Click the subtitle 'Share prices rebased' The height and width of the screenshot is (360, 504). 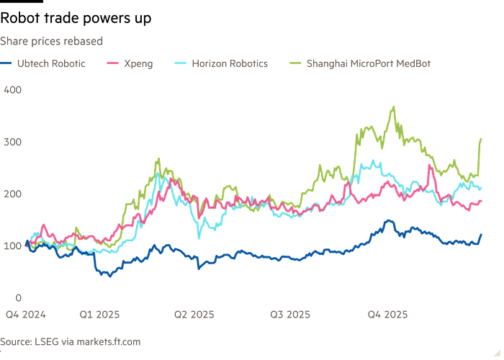pos(52,42)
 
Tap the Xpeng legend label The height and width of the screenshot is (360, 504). pos(140,64)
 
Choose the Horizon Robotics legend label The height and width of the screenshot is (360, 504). pos(230,64)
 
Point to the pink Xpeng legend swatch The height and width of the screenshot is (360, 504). pos(112,64)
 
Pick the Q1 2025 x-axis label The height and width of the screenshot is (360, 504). pos(99,315)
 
